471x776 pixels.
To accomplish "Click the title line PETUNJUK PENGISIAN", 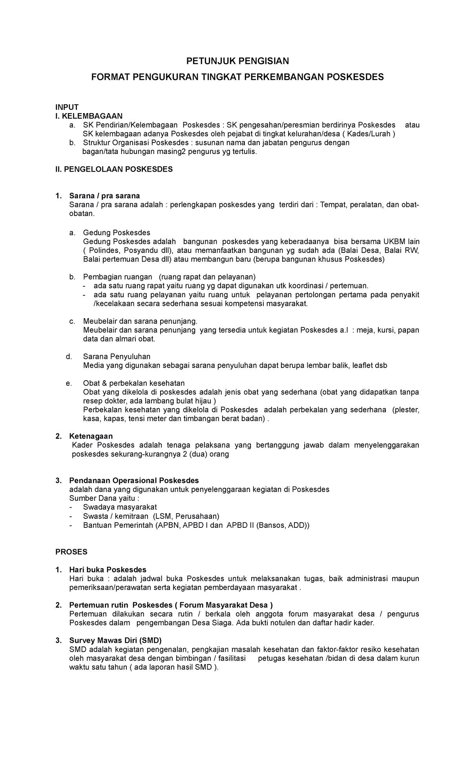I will pyautogui.click(x=237, y=61).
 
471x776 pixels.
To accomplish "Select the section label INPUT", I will pyautogui.click(x=67, y=107).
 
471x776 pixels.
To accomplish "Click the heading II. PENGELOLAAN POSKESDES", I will pyautogui.click(x=114, y=169).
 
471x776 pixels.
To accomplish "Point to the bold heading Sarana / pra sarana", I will pyautogui.click(x=104, y=196).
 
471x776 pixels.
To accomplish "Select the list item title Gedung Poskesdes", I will pyautogui.click(x=117, y=232).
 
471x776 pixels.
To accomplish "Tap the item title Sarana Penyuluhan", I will pyautogui.click(x=117, y=357).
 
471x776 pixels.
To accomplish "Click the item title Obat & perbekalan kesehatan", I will pyautogui.click(x=134, y=383).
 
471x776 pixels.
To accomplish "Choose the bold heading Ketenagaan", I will pyautogui.click(x=91, y=436).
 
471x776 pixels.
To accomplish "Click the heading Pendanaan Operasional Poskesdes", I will pyautogui.click(x=134, y=481).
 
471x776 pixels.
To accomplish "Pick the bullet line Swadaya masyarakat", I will pyautogui.click(x=120, y=507).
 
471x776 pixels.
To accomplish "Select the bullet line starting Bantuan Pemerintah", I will pyautogui.click(x=196, y=525).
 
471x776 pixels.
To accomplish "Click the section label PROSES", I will pyautogui.click(x=71, y=552).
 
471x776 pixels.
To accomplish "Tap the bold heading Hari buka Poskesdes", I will pyautogui.click(x=108, y=570).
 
